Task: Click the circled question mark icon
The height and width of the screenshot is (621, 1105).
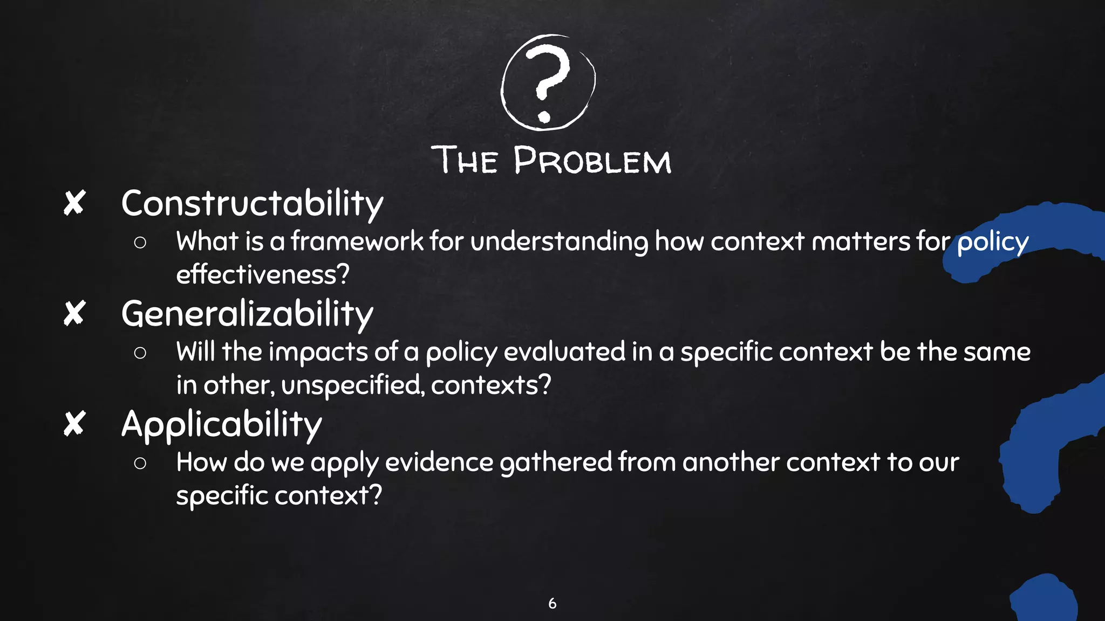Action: (x=548, y=82)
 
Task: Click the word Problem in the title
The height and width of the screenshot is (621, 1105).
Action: (x=592, y=161)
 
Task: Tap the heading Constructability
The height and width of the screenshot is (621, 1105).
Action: (x=252, y=204)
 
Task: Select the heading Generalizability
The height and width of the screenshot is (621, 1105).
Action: (x=247, y=314)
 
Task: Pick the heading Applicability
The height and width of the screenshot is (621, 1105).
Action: (x=221, y=424)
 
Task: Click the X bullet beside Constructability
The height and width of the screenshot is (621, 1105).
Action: (x=74, y=204)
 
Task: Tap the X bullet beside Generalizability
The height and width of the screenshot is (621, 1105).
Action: (x=74, y=314)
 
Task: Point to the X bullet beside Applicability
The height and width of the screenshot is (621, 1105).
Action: (x=74, y=424)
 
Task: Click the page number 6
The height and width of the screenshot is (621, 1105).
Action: (x=552, y=603)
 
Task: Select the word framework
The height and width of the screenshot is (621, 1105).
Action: (x=357, y=241)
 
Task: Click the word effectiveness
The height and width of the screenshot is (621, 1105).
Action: (x=263, y=274)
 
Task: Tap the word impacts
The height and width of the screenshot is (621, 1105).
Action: (x=318, y=352)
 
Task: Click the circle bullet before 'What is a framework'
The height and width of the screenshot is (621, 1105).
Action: (x=140, y=243)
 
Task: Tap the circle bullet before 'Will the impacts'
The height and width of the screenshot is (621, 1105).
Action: (x=140, y=353)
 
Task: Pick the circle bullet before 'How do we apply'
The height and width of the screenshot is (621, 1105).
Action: (x=140, y=464)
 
